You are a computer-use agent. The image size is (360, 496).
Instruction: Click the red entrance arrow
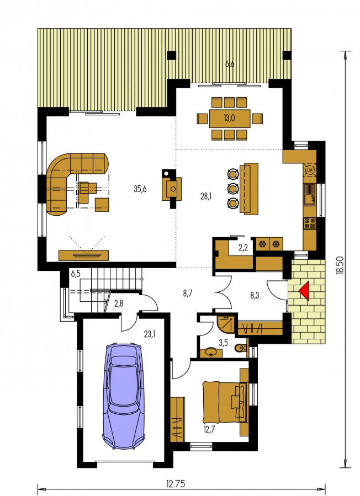(x=304, y=291)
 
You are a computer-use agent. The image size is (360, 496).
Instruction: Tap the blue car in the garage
(x=124, y=396)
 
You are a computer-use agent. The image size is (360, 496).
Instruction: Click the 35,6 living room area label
(x=140, y=189)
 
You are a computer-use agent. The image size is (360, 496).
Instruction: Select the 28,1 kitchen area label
(x=205, y=196)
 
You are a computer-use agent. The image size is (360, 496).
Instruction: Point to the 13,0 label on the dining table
(x=229, y=119)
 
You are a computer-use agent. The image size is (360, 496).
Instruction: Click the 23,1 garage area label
(x=150, y=334)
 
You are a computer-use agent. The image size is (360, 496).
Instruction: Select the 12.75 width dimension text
(x=176, y=484)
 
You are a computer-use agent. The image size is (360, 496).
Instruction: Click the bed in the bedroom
(x=225, y=402)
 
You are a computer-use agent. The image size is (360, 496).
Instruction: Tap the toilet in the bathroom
(x=242, y=348)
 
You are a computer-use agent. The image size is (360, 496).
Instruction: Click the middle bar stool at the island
(x=234, y=189)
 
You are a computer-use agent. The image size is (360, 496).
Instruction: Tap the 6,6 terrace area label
(x=230, y=64)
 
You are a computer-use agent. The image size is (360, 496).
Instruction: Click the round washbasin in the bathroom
(x=211, y=351)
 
